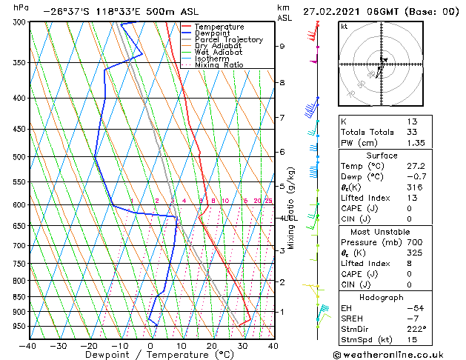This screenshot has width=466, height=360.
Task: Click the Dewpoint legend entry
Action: click(x=212, y=33)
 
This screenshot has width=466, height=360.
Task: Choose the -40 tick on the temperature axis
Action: click(x=28, y=345)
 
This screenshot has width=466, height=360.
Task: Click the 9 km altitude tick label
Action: click(x=282, y=46)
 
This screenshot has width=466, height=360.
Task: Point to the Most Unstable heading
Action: click(x=382, y=232)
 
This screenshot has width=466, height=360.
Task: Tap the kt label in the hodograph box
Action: click(x=344, y=26)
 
